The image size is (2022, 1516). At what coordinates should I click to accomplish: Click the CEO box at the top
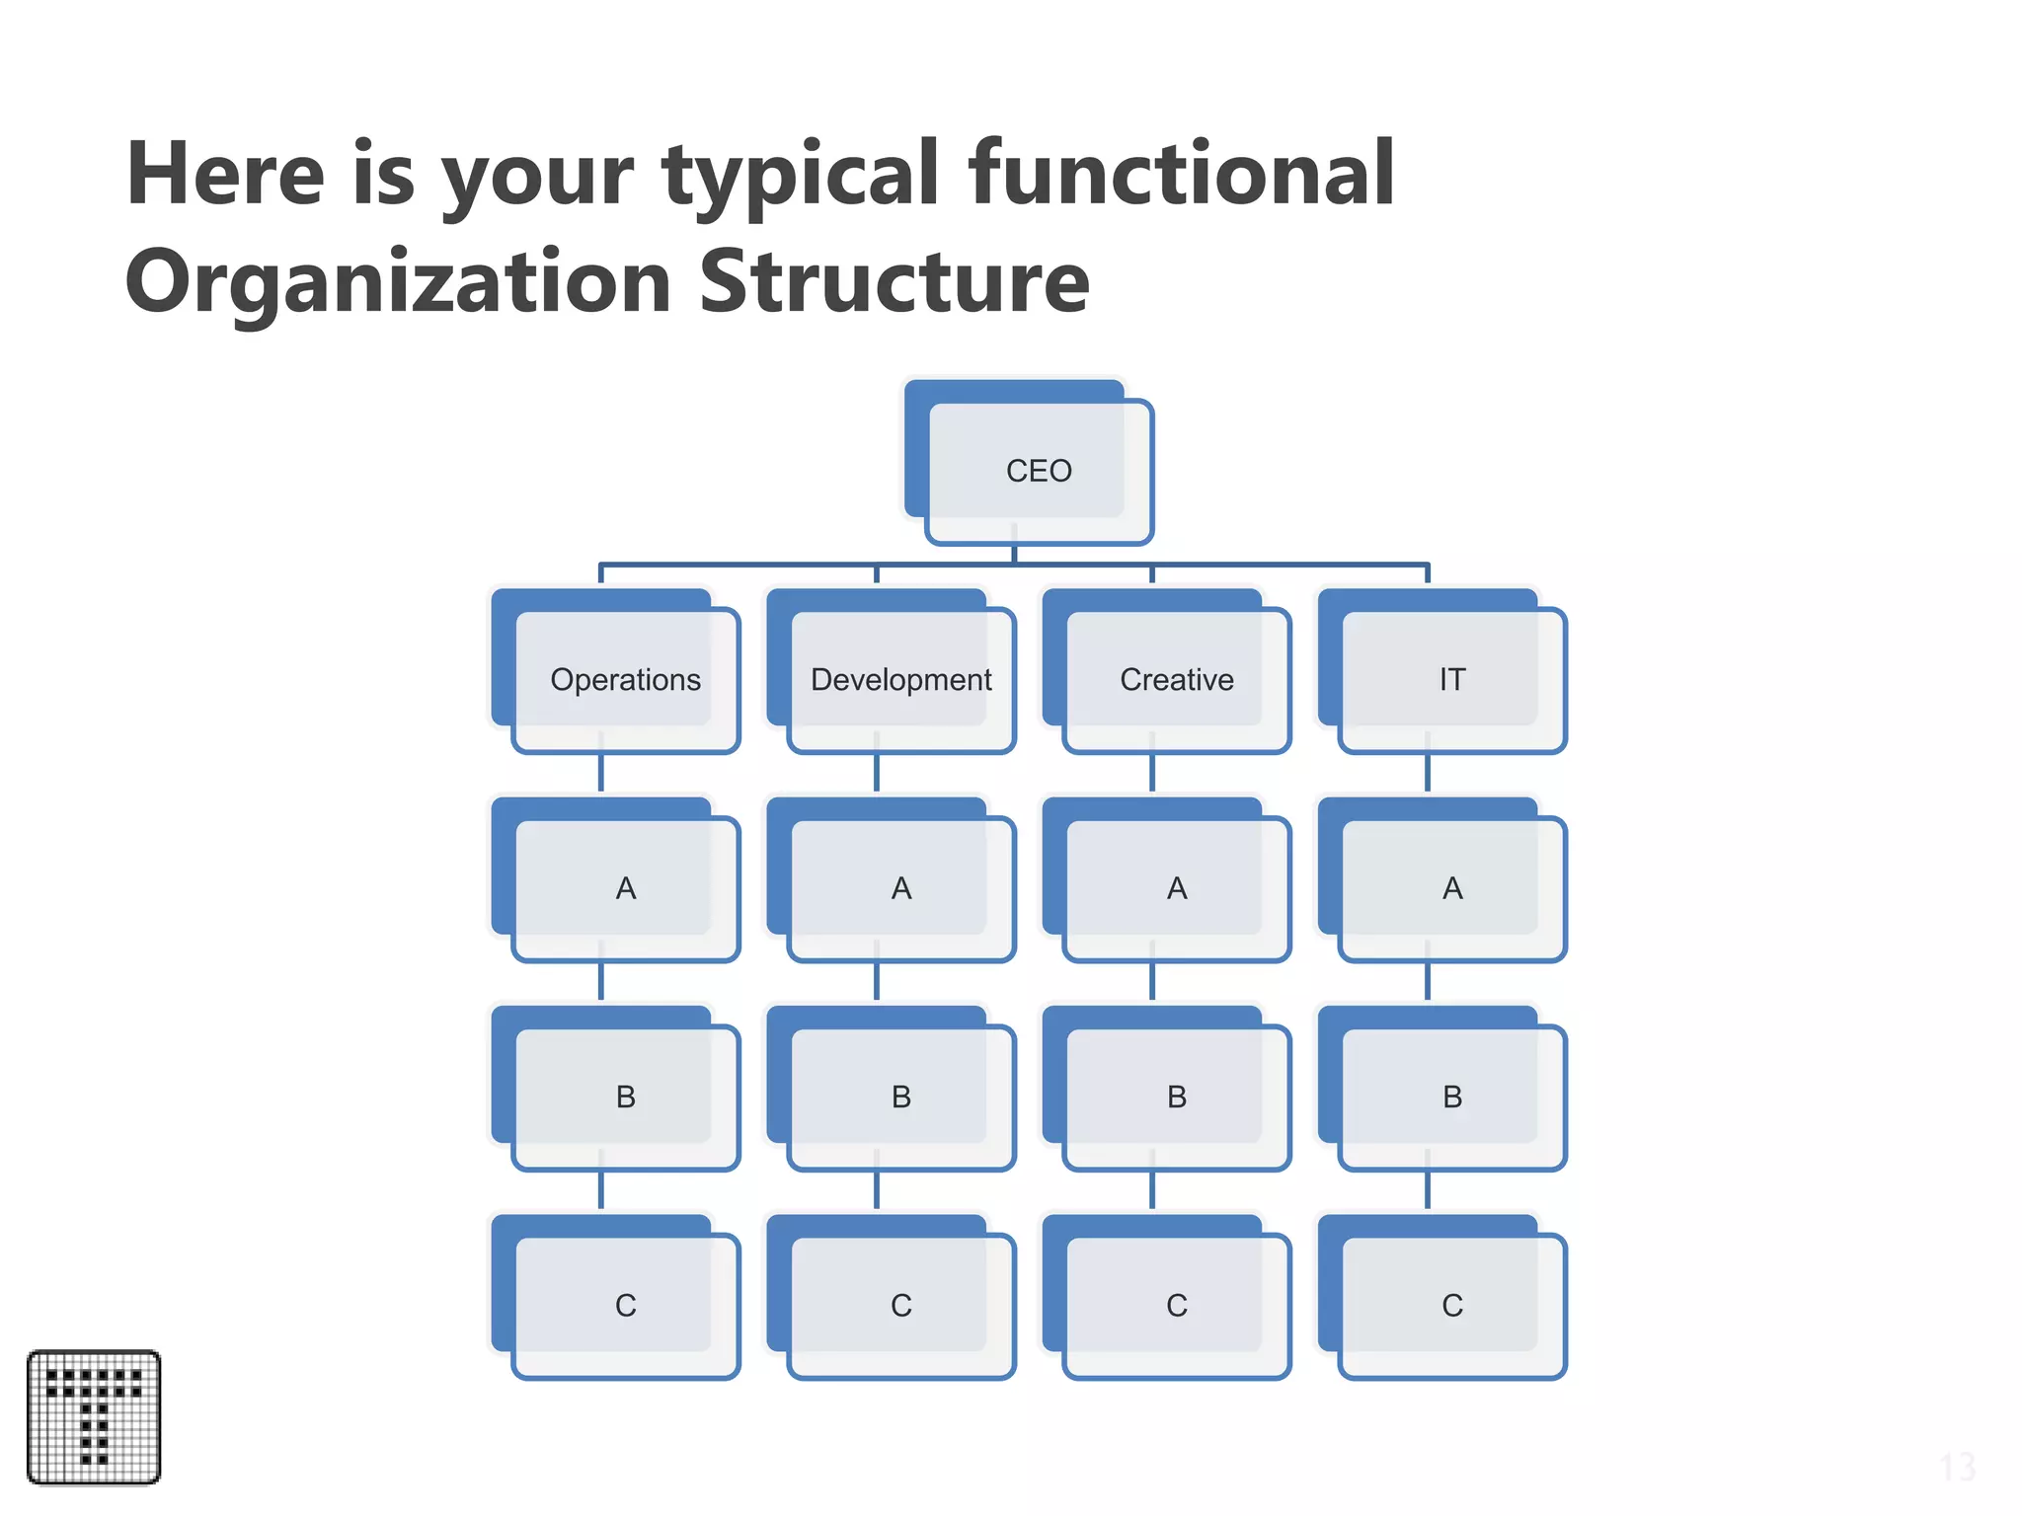(1038, 471)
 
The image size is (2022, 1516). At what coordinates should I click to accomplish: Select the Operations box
(625, 680)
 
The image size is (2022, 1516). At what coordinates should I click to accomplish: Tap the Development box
(900, 680)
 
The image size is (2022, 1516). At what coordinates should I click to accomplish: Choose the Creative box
(1176, 680)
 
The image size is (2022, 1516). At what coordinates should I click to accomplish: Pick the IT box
(1451, 680)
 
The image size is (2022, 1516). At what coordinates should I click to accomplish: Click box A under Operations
(625, 888)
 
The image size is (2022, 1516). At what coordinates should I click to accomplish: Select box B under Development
(900, 1097)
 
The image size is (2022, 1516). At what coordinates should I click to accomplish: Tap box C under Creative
(1176, 1305)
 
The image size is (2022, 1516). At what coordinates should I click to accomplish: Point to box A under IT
(1451, 888)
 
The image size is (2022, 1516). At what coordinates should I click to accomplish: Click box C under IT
(1451, 1305)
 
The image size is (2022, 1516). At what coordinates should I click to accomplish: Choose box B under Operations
(625, 1097)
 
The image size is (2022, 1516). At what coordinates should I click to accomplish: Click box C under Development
(900, 1305)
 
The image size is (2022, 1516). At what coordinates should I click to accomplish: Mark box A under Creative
(1176, 888)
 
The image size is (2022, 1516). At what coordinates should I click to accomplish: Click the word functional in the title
(1181, 174)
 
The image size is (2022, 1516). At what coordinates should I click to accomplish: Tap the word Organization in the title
(398, 282)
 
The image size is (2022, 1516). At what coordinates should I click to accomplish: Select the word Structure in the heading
(894, 282)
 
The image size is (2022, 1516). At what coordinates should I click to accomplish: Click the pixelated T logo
(94, 1416)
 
